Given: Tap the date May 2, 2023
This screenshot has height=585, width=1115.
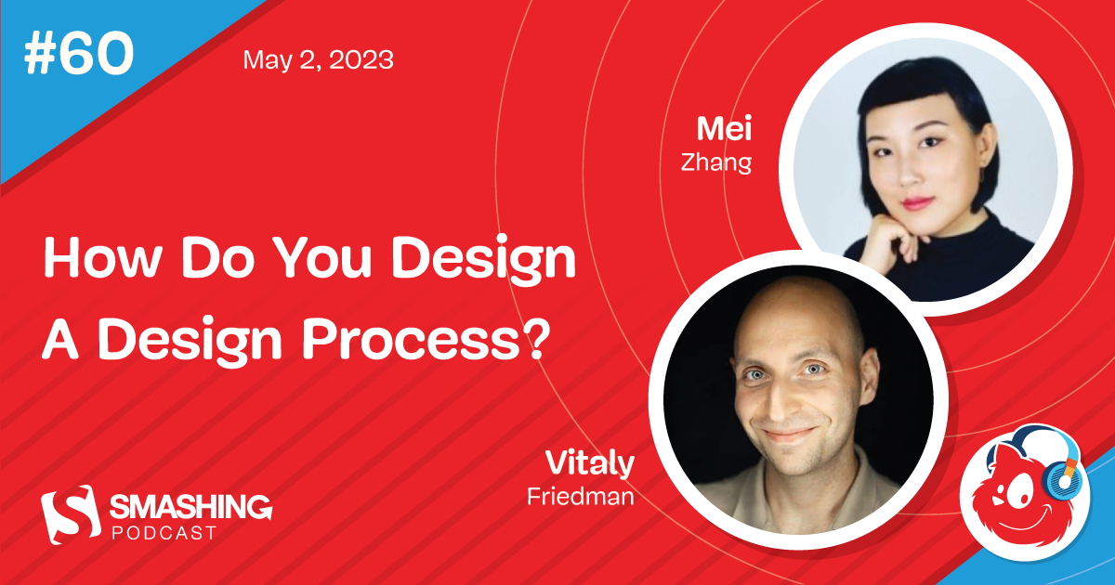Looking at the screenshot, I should pyautogui.click(x=318, y=60).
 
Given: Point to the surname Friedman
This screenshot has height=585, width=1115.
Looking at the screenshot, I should pyautogui.click(x=580, y=497).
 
